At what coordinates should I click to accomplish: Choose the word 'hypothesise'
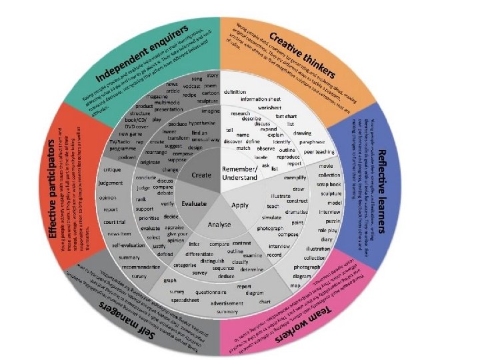tap(202, 123)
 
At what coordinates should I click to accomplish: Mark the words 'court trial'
tap(115, 222)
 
